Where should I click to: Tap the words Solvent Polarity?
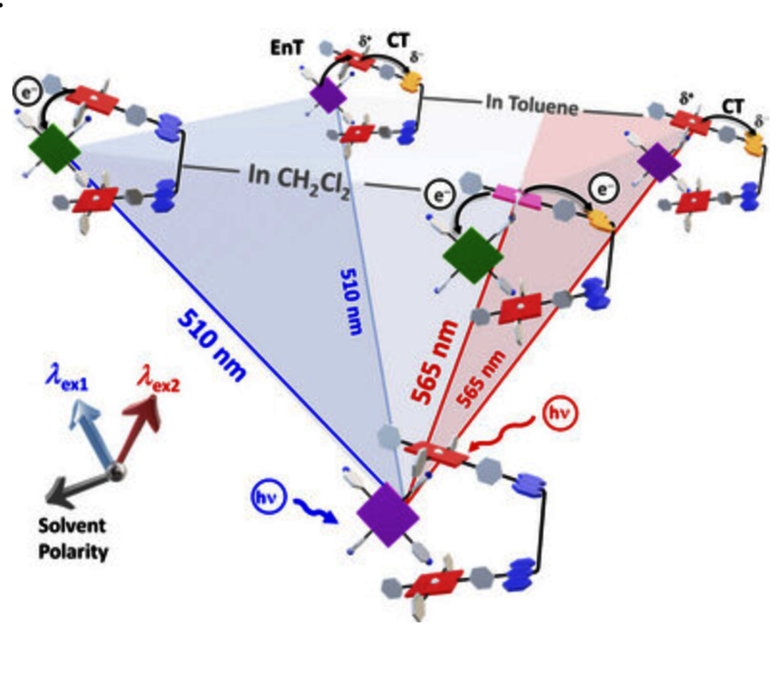pyautogui.click(x=74, y=539)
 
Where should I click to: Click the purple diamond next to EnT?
pyautogui.click(x=328, y=96)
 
